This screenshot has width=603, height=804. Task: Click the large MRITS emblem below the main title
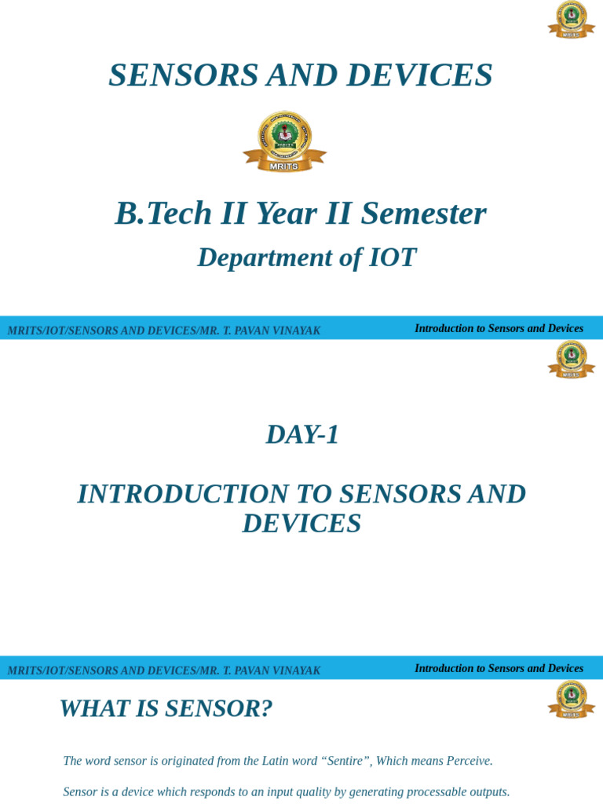point(284,141)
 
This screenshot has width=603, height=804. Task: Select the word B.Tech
point(163,214)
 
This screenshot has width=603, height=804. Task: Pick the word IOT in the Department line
point(393,258)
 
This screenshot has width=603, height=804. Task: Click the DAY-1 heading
point(302,434)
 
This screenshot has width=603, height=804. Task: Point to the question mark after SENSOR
point(267,708)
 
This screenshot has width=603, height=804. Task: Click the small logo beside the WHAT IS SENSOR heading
point(571,699)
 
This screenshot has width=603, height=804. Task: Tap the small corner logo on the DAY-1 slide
point(571,359)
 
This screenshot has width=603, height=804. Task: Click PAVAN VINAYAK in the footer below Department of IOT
point(281,331)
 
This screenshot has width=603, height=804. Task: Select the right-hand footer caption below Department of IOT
point(499,328)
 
